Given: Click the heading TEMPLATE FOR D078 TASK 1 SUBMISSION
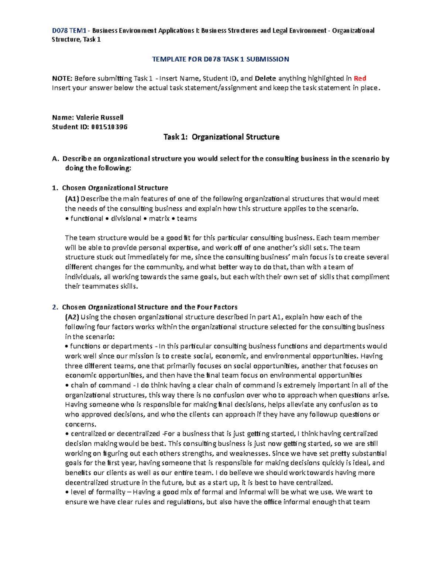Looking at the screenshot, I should click(x=220, y=59).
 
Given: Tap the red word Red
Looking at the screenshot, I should click(x=360, y=78).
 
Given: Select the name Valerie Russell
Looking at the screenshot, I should click(x=99, y=117).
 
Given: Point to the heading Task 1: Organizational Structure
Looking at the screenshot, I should click(x=221, y=137).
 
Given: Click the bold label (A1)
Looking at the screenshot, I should click(x=72, y=199).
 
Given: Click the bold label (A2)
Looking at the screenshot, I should click(x=72, y=317).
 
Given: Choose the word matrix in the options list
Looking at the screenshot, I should click(x=159, y=218).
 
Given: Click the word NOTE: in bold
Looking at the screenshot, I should click(x=62, y=78).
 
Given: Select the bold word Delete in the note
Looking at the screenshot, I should click(x=265, y=78).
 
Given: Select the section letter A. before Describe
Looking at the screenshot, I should click(x=55, y=159).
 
